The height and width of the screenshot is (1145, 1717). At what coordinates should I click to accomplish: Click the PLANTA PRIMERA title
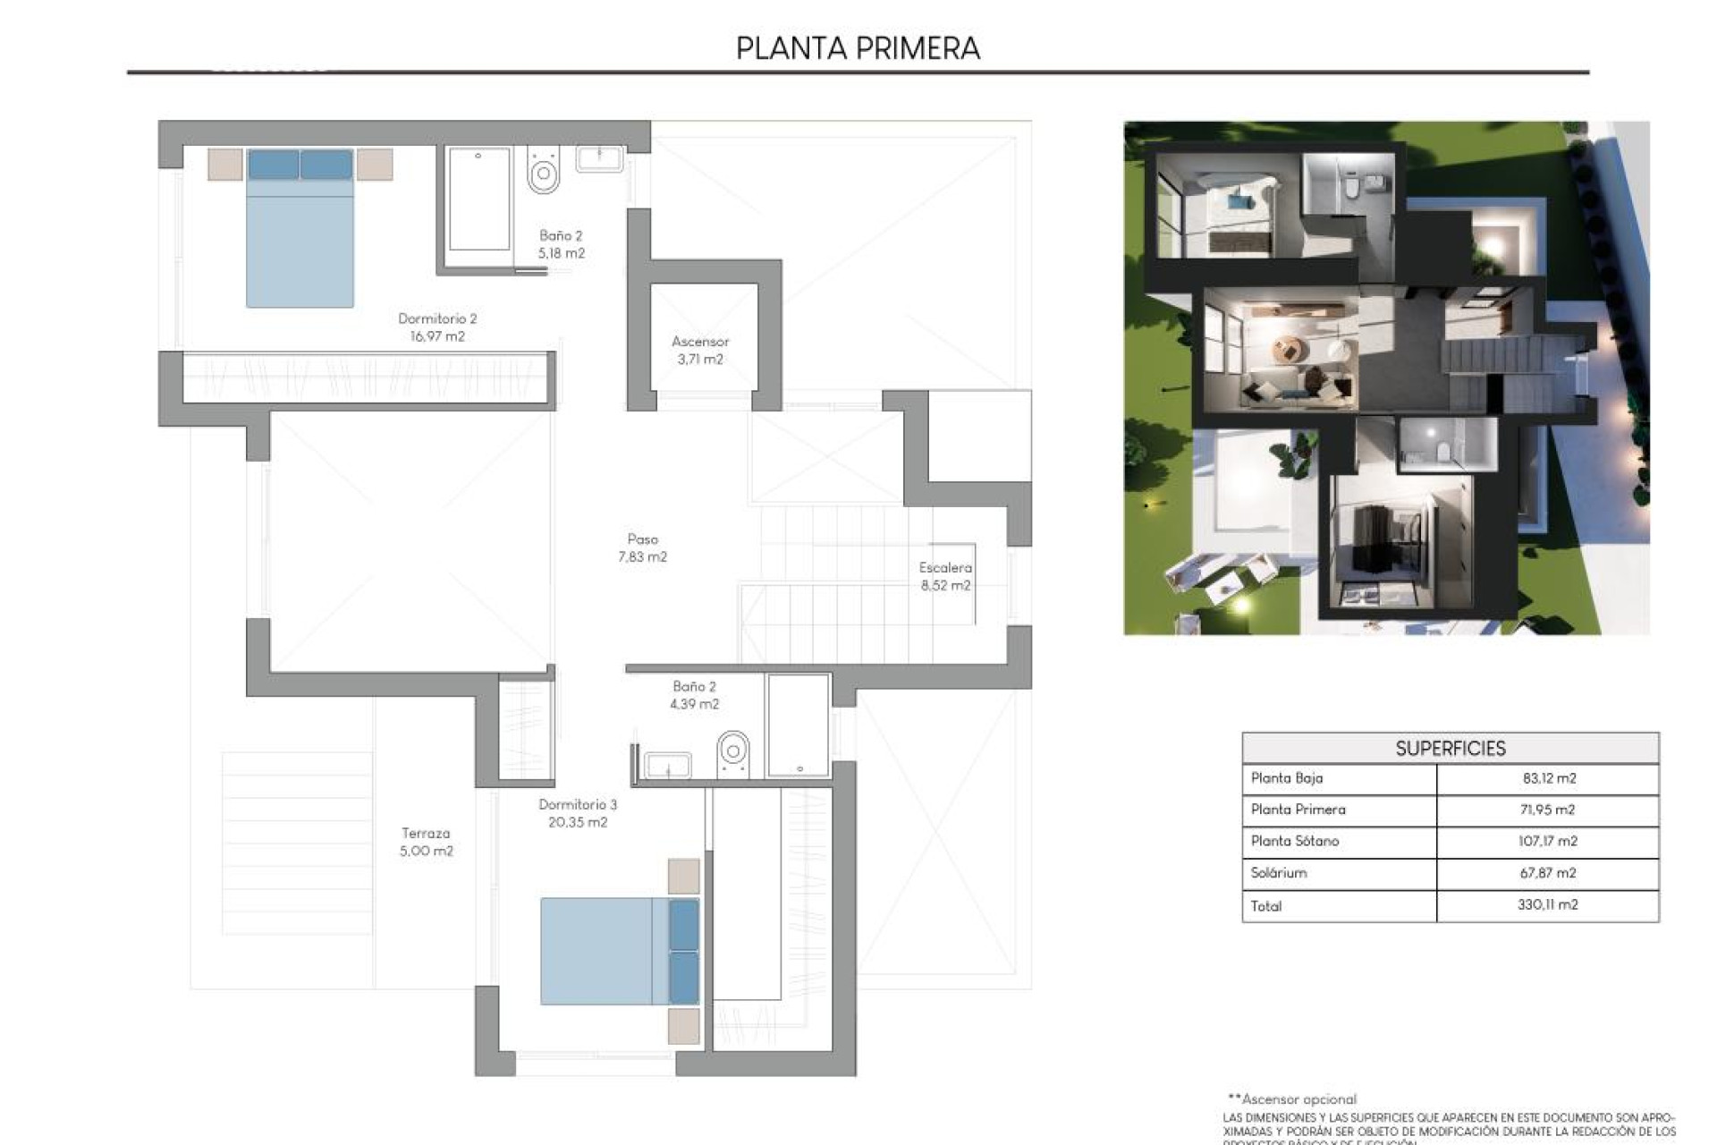pos(858,48)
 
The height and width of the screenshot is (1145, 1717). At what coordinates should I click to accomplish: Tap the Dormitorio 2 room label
pos(436,327)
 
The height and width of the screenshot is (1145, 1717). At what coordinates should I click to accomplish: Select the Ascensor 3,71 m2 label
pos(700,350)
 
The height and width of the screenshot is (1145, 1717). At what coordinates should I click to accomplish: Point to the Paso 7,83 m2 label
pos(642,547)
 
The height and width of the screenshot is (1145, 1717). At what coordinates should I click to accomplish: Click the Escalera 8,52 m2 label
pos(945,576)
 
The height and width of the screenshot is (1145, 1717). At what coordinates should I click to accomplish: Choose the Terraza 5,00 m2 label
pos(426,842)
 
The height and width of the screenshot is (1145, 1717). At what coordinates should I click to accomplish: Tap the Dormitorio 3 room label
pos(578,813)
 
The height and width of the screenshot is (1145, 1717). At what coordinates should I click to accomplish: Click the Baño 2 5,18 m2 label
pos(561,244)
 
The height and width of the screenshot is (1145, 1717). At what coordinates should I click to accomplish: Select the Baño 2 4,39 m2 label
pos(694,695)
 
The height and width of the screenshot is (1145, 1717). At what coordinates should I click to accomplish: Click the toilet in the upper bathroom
pos(543,171)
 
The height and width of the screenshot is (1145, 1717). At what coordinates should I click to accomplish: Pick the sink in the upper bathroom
pos(599,159)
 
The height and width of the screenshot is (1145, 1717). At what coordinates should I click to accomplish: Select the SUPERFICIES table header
pos(1450,749)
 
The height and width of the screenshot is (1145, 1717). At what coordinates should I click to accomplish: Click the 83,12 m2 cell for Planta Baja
pos(1548,778)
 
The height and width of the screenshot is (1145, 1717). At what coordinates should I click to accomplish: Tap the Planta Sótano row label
pos(1295,841)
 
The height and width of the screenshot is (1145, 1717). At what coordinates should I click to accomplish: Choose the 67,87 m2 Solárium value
pos(1548,872)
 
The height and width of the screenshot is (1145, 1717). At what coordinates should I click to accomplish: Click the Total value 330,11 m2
pos(1548,904)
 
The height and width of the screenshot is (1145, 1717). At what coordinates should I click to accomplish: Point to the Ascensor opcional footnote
pos(1292,1098)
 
